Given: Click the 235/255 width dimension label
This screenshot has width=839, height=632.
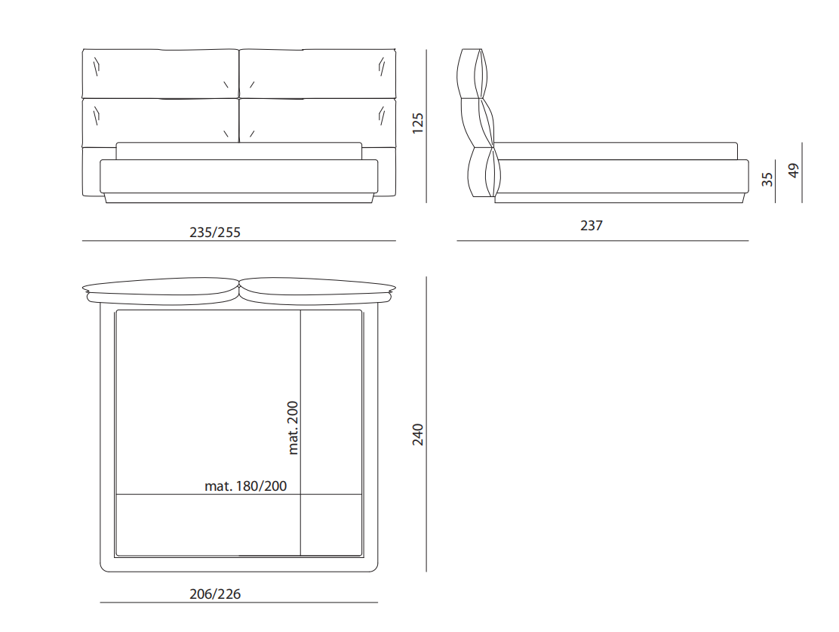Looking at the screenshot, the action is (215, 233).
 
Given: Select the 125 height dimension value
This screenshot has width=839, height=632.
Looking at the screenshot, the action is (418, 123).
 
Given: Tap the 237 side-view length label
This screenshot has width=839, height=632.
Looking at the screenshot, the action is (592, 226).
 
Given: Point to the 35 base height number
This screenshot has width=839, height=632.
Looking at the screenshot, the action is (767, 180).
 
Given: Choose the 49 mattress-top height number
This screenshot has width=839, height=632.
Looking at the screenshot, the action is (794, 171).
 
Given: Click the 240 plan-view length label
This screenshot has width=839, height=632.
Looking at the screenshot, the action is (418, 434).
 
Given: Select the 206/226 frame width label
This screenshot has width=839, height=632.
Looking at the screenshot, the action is (215, 594).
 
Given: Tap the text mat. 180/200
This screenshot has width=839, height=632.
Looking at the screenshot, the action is (246, 486).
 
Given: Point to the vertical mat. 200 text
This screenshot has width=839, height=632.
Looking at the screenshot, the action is (293, 428).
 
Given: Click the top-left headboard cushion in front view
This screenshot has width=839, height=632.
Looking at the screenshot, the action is (161, 73).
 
